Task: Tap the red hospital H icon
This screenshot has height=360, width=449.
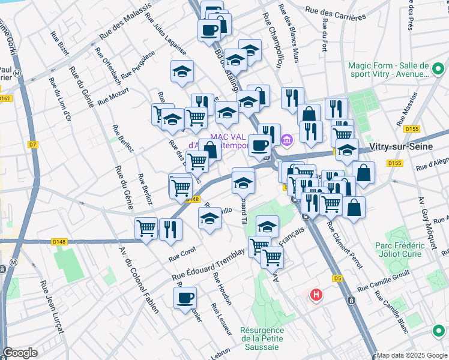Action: point(316,295)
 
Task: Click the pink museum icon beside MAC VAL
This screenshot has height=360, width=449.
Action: point(286,141)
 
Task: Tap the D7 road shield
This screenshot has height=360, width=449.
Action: point(32,145)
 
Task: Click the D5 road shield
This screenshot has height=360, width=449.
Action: point(337,278)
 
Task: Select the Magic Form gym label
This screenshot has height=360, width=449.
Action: point(388,70)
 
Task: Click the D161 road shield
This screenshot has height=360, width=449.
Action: point(5,98)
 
